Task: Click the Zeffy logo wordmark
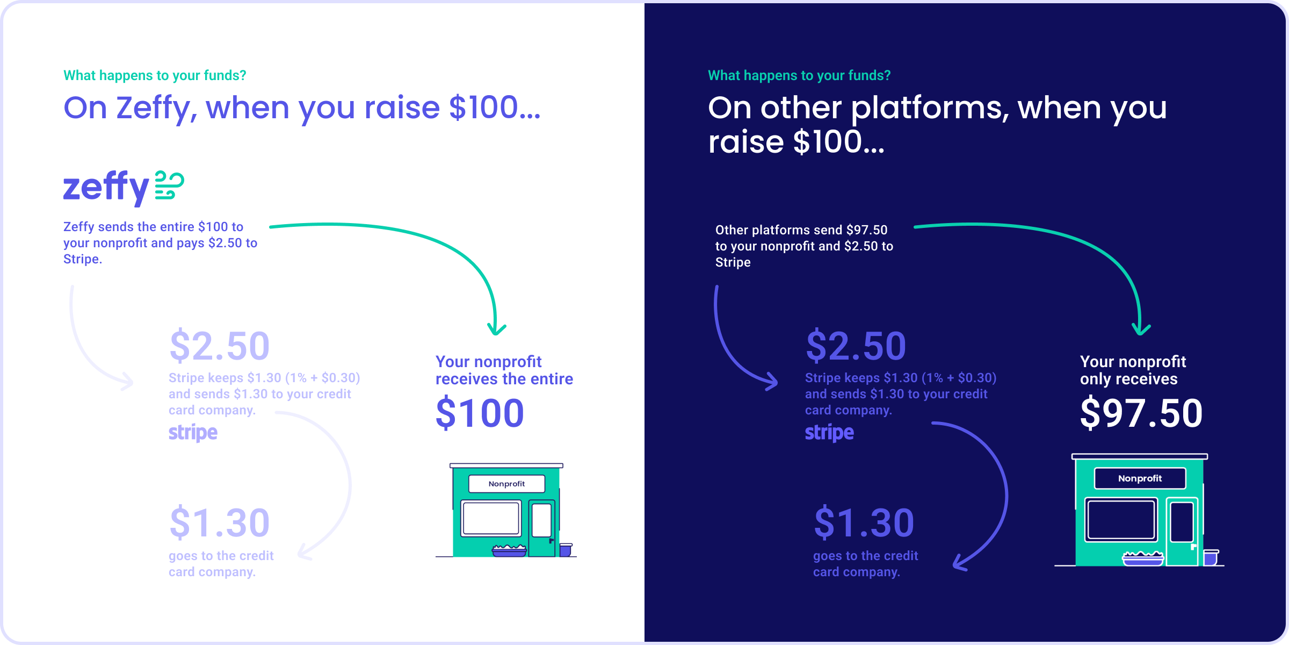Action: coord(106,187)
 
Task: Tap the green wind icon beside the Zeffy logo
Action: coord(169,185)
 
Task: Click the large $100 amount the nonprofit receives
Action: coord(480,413)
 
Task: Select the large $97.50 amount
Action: coord(1141,413)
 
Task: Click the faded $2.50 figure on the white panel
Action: coord(219,346)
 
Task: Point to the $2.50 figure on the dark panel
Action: coord(856,346)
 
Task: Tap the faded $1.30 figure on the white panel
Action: coord(219,522)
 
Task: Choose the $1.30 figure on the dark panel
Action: coord(864,522)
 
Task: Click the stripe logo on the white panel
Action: coord(193,433)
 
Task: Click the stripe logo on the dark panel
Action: coord(829,433)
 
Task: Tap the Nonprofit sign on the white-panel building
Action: coord(506,484)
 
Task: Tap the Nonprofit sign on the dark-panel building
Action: coord(1140,478)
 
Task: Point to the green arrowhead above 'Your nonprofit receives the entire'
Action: coord(497,329)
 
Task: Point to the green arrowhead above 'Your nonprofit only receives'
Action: coord(1141,329)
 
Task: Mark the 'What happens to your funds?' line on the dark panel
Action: coord(799,76)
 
